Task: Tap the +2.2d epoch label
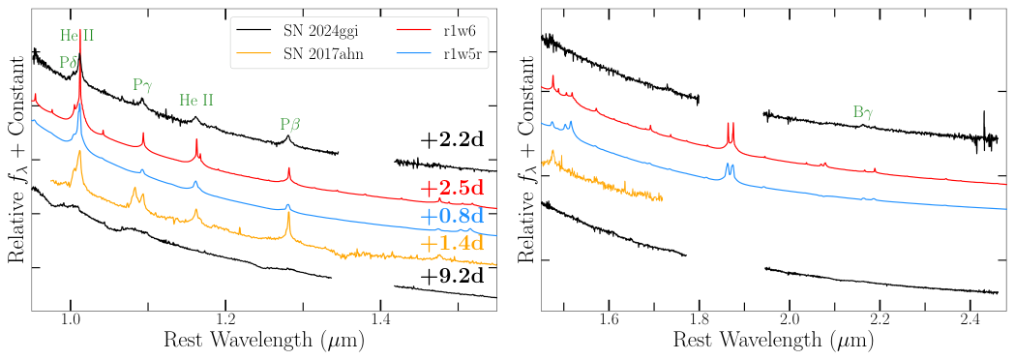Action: pos(452,139)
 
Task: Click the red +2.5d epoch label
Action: pos(452,188)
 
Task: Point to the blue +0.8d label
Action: pos(452,215)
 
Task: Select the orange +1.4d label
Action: pos(452,243)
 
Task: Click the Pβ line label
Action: pos(289,124)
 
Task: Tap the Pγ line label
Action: pos(142,85)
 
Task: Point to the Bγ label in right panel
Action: pos(863,113)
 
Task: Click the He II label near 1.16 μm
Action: pos(196,100)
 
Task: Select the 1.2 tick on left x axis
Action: pos(225,318)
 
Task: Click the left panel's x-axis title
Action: pos(264,341)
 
